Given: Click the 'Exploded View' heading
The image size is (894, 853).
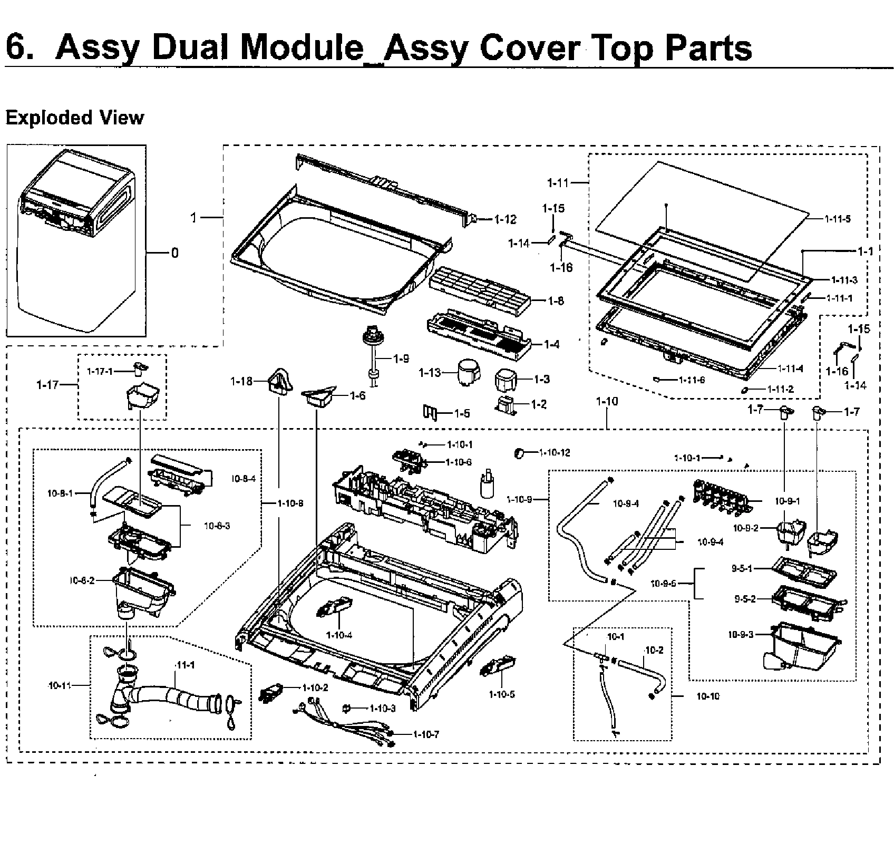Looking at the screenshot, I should pyautogui.click(x=74, y=117).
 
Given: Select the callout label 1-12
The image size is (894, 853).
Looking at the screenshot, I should pyautogui.click(x=506, y=219).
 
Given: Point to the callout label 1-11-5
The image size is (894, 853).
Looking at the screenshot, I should pyautogui.click(x=838, y=219).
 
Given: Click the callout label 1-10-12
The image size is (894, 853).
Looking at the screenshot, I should pyautogui.click(x=555, y=452).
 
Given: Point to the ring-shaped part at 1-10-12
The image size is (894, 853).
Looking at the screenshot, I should pyautogui.click(x=519, y=452).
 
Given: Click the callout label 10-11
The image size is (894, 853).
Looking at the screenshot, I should pyautogui.click(x=59, y=685).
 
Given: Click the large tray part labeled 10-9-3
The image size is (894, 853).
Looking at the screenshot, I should pyautogui.click(x=800, y=647).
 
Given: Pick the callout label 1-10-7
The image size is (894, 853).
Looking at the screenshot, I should pyautogui.click(x=426, y=734).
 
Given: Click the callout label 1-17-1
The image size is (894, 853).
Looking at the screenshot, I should pyautogui.click(x=100, y=371).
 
